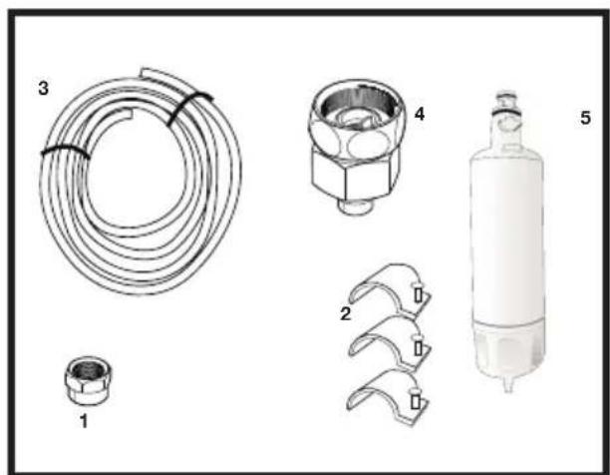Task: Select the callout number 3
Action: coord(43,88)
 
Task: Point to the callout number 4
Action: coord(420,114)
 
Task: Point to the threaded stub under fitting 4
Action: coord(356,206)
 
